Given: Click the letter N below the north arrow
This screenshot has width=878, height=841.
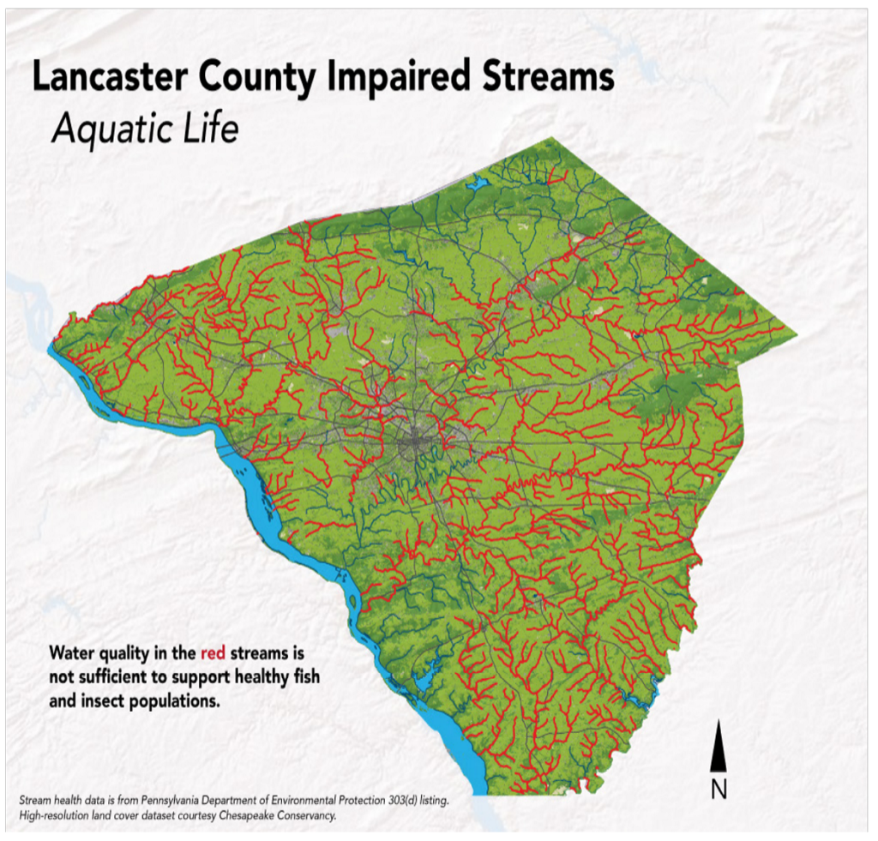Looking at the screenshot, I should (719, 790).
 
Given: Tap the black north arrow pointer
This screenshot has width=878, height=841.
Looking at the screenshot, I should (719, 745).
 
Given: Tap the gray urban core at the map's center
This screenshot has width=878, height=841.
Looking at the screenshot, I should (420, 444).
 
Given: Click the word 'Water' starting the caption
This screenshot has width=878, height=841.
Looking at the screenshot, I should (72, 652).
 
